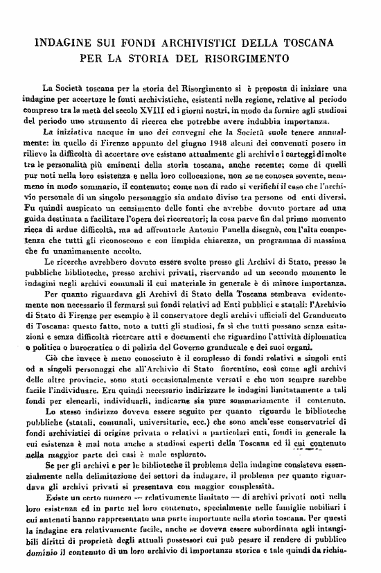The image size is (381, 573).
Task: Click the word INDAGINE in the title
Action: (64, 42)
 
